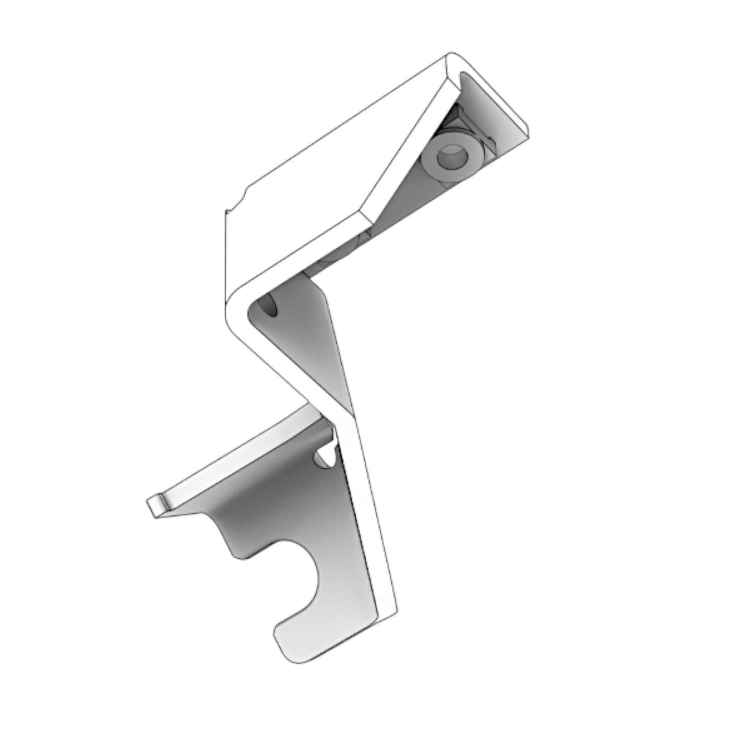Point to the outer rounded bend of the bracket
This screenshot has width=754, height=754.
tap(232, 303)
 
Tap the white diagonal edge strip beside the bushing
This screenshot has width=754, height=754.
tap(412, 146)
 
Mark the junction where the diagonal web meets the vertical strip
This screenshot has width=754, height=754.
tap(339, 412)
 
